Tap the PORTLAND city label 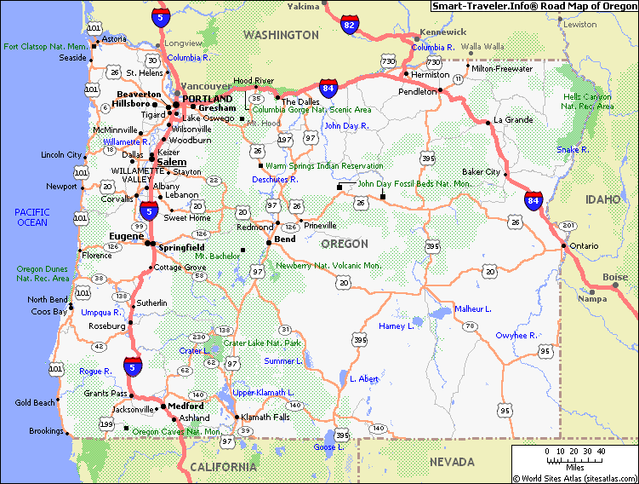pyautogui.click(x=207, y=98)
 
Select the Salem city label pyautogui.click(x=172, y=161)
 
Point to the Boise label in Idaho pyautogui.click(x=614, y=277)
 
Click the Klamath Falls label pyautogui.click(x=265, y=417)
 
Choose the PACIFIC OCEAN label pyautogui.click(x=31, y=217)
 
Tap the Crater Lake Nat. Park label pyautogui.click(x=262, y=343)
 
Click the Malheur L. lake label pyautogui.click(x=473, y=308)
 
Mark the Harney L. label pyautogui.click(x=396, y=326)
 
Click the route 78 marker pyautogui.click(x=469, y=326)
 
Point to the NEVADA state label pyautogui.click(x=452, y=462)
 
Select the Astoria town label pyautogui.click(x=114, y=39)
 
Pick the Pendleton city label pyautogui.click(x=416, y=90)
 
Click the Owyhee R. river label pyautogui.click(x=516, y=336)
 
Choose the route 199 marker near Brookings pyautogui.click(x=106, y=423)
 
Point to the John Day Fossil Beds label pyautogui.click(x=414, y=183)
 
